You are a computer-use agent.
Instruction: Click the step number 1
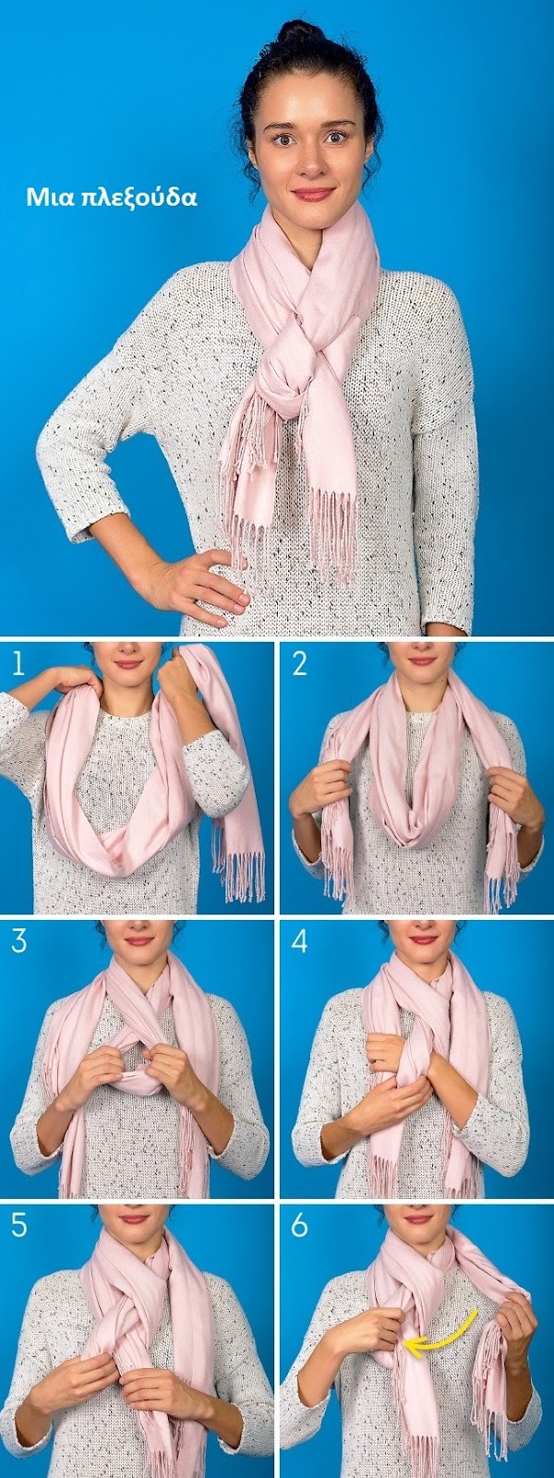(x=18, y=664)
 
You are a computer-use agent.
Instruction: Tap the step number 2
(x=299, y=664)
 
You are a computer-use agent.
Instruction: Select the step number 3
(x=18, y=941)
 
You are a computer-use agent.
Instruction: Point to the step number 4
(x=299, y=941)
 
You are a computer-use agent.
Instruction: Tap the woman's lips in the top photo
(x=313, y=193)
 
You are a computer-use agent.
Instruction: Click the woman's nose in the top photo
(x=312, y=162)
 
